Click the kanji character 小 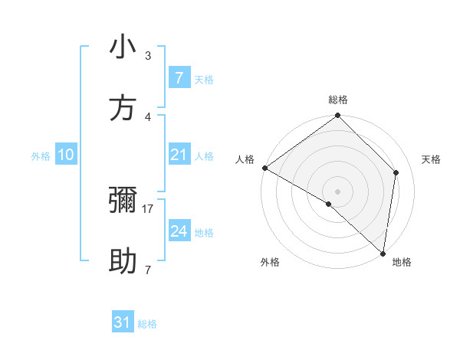[123, 47]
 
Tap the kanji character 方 [123, 109]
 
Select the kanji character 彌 [123, 201]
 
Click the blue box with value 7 [179, 77]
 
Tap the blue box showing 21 [179, 155]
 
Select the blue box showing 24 [179, 231]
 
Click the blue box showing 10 [65, 155]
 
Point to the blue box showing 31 [123, 322]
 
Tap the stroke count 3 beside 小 [148, 56]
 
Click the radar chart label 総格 [338, 100]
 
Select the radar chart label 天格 [431, 159]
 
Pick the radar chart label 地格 [402, 262]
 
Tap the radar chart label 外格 [270, 262]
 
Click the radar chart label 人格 [245, 159]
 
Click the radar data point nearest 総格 [338, 116]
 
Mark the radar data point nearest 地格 [383, 253]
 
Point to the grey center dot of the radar [338, 191]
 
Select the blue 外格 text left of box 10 [41, 156]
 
